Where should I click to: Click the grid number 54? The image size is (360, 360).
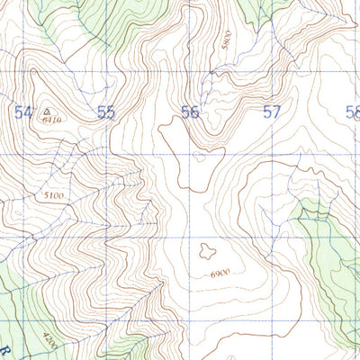pos(23,112)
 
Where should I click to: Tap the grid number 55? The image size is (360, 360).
pos(106,112)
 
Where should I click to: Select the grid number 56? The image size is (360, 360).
pos(189,112)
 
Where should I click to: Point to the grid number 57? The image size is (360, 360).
pos(272,112)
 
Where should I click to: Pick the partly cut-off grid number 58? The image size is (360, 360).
pos(352,112)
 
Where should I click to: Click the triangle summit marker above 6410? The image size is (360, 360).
pos(46,112)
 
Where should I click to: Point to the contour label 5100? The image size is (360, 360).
pos(54,194)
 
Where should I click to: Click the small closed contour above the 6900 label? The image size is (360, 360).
pos(207,252)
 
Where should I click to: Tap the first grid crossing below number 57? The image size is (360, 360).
pos(274,155)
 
